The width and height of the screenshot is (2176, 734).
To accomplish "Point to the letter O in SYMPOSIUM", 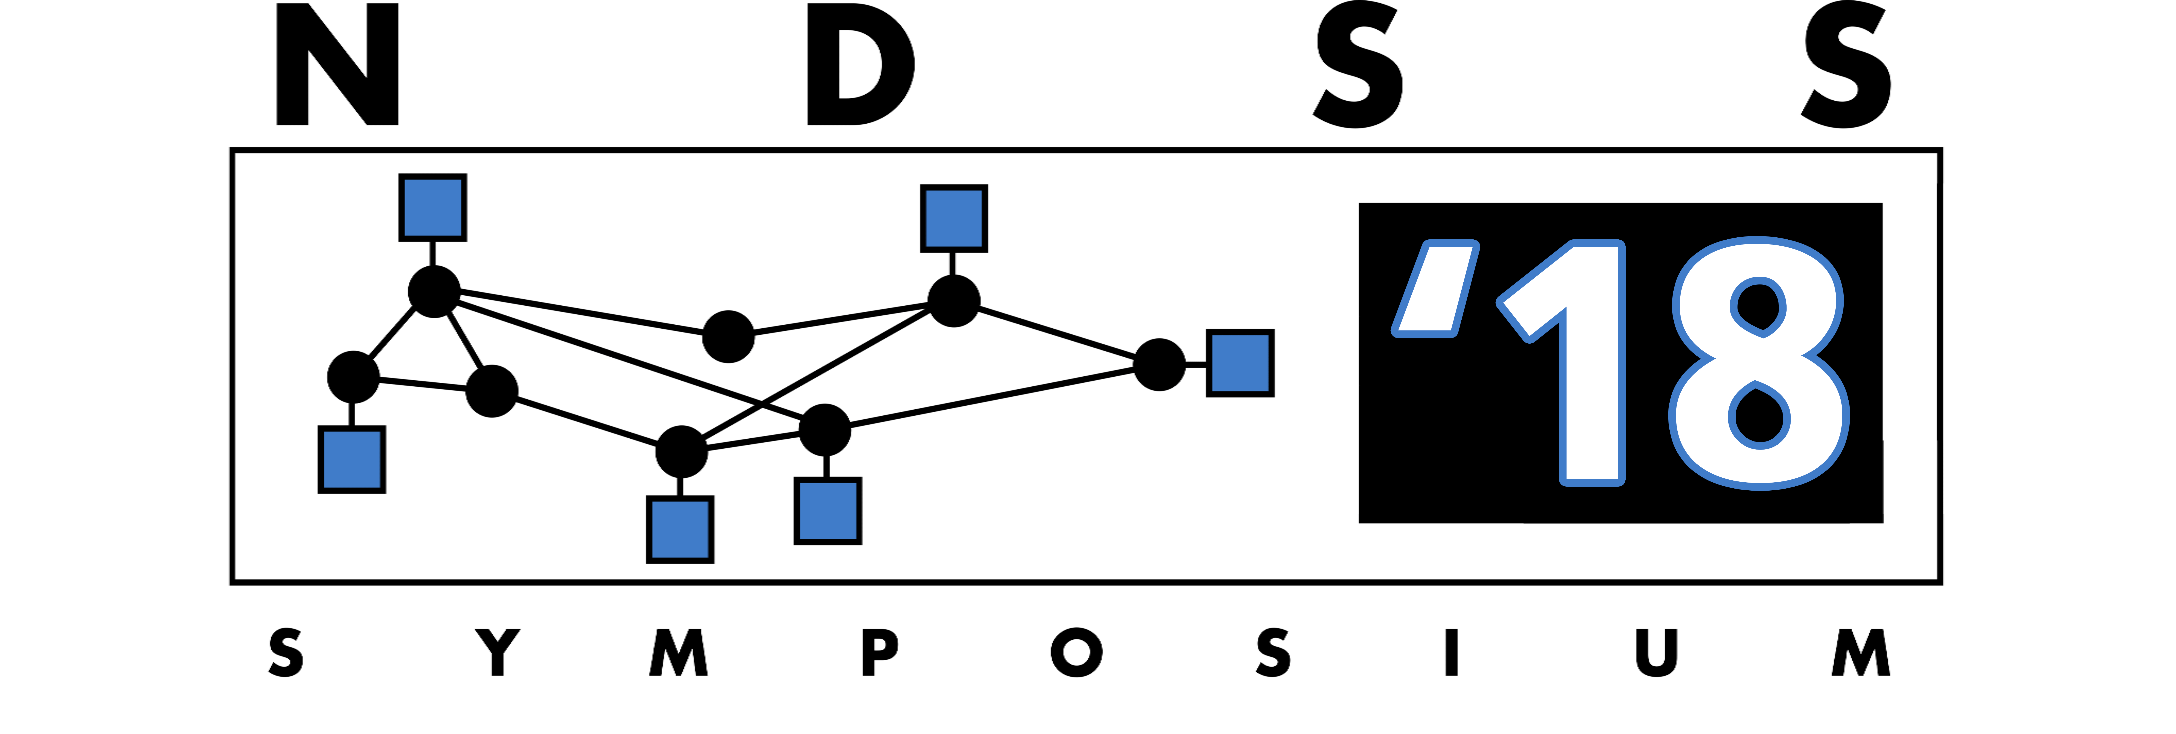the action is pyautogui.click(x=1077, y=652).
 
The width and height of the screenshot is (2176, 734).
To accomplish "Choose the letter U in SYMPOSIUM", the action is pyautogui.click(x=1656, y=652).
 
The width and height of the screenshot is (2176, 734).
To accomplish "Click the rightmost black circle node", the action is pyautogui.click(x=1159, y=365).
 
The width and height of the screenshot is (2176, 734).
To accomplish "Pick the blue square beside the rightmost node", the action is pyautogui.click(x=1240, y=363).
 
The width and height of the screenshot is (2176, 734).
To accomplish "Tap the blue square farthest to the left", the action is pyautogui.click(x=352, y=460).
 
